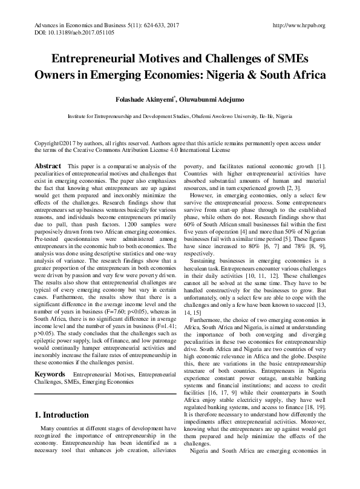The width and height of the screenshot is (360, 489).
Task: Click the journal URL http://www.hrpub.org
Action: point(299,25)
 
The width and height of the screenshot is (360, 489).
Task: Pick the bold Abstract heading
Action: point(48,166)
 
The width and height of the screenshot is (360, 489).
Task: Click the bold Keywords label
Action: point(51,358)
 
